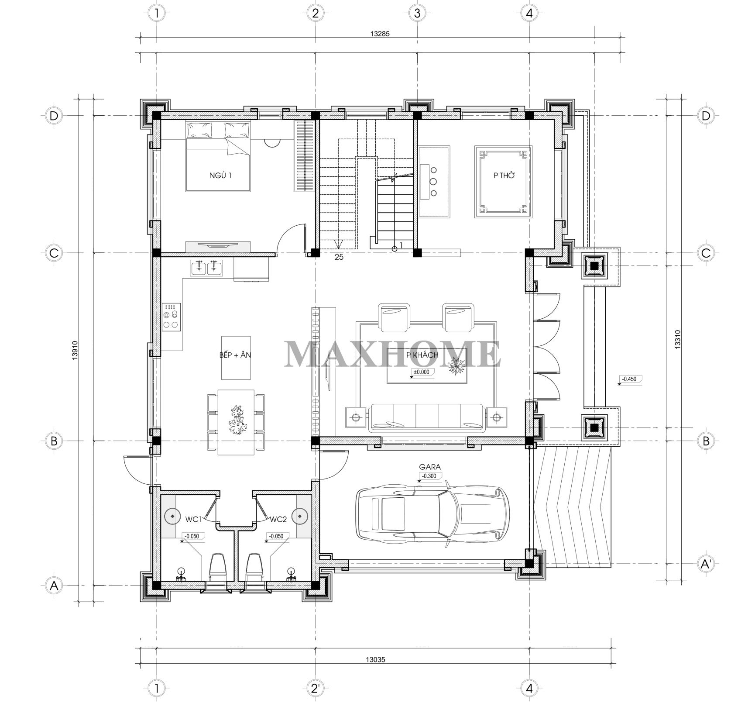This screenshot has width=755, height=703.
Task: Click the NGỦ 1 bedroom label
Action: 220,176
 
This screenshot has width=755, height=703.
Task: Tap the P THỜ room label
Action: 504,176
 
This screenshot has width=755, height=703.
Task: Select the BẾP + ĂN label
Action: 235,355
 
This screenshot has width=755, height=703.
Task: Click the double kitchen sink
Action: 206,267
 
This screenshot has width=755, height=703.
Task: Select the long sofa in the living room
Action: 426,418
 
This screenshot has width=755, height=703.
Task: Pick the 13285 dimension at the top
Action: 379,33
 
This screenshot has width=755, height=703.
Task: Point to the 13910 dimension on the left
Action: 75,350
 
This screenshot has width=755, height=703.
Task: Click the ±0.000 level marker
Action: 421,372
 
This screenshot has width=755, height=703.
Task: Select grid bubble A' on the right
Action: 706,564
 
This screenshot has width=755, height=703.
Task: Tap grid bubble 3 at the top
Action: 417,13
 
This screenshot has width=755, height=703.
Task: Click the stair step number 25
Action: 339,257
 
